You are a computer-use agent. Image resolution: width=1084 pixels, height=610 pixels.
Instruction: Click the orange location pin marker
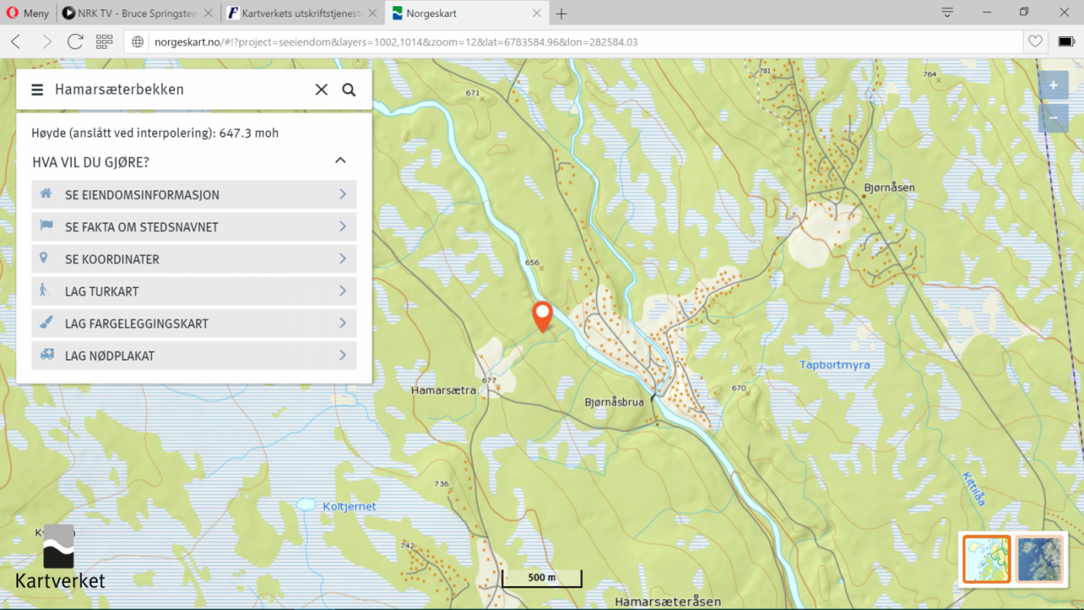(542, 314)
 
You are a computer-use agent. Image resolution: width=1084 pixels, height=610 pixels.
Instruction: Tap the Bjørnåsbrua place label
(614, 402)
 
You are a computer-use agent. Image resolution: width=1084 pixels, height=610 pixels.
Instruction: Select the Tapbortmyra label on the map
(834, 365)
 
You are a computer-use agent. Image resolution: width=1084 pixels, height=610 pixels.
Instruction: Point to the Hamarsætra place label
(444, 390)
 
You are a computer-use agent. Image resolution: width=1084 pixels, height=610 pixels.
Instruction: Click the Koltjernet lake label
(349, 506)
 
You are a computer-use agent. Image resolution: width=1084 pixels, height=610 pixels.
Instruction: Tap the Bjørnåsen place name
(889, 187)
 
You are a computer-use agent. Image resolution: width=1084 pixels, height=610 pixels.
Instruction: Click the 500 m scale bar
(541, 577)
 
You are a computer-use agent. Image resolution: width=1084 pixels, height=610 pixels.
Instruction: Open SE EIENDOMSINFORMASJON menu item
(194, 195)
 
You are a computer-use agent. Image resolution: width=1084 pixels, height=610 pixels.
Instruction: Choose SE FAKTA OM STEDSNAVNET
(194, 227)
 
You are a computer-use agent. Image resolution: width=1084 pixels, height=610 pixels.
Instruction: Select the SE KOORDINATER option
(194, 259)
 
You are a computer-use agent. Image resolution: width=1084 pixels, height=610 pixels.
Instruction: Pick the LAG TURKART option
(194, 292)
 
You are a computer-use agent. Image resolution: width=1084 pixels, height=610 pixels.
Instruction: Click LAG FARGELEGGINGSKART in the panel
(194, 324)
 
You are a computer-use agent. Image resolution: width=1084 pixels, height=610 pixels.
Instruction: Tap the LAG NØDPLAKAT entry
(194, 356)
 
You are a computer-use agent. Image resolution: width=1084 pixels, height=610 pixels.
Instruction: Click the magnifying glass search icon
(349, 90)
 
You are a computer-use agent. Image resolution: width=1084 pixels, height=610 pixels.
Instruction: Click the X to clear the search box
(321, 90)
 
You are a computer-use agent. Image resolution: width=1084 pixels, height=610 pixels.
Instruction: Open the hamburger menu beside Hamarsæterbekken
(37, 90)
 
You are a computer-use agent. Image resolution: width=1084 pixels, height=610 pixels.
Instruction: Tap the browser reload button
(75, 42)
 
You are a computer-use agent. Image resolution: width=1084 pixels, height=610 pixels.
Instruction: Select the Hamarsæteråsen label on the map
(667, 601)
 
